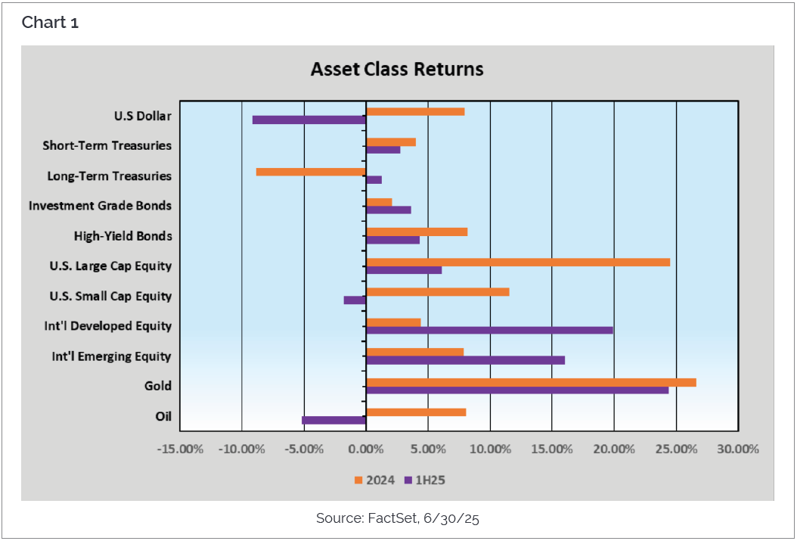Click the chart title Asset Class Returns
point(397,70)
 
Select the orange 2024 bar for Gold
point(531,382)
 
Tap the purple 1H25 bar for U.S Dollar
point(309,120)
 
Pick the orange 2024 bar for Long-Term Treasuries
point(311,172)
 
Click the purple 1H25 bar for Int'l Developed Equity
point(489,330)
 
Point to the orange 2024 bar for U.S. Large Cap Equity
point(518,262)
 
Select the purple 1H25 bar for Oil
point(334,420)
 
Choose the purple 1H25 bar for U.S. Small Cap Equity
point(355,300)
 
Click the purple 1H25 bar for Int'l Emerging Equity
point(465,360)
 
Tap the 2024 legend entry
point(374,480)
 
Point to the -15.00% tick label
point(180,449)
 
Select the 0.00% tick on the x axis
point(366,449)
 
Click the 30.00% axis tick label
point(737,449)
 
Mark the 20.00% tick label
point(613,449)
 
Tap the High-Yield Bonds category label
point(122,236)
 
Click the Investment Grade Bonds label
point(100,206)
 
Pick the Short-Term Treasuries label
point(107,145)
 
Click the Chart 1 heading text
point(50,23)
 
